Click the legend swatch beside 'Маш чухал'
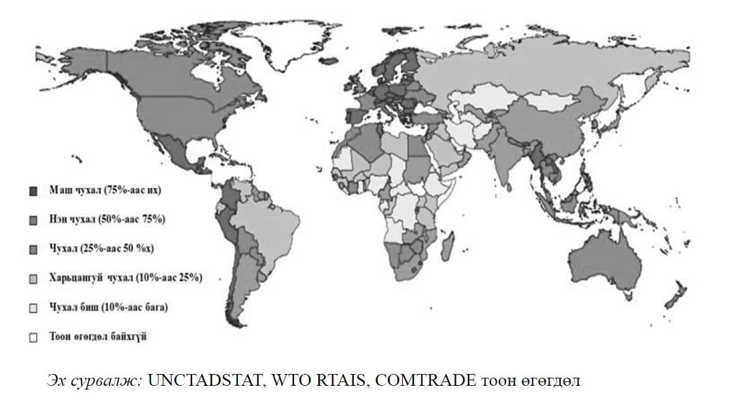pos(35,190)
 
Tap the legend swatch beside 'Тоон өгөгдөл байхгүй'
pos(35,337)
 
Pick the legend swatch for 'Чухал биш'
pos(35,308)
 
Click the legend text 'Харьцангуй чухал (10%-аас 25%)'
pos(126,278)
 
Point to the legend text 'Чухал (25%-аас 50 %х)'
pos(101,249)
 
